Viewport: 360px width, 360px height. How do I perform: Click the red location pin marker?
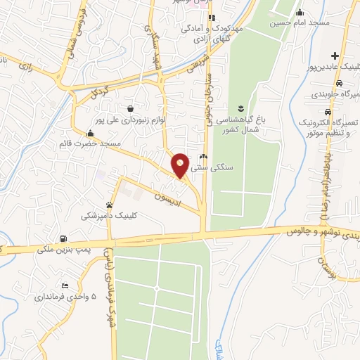[x=181, y=165]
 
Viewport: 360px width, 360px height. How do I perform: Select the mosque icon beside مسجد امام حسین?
[x=300, y=12]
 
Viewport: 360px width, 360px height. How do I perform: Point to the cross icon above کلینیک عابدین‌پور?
[x=336, y=56]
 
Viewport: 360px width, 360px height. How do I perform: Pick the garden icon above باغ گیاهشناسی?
[x=241, y=107]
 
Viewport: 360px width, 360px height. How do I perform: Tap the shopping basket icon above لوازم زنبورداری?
[x=131, y=108]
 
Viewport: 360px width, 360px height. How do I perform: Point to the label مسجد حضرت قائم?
[x=87, y=143]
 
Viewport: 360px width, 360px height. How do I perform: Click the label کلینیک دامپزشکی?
[x=107, y=216]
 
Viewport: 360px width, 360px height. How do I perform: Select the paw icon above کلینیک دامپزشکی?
[x=108, y=205]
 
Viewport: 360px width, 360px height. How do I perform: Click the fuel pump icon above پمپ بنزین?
[x=65, y=238]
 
